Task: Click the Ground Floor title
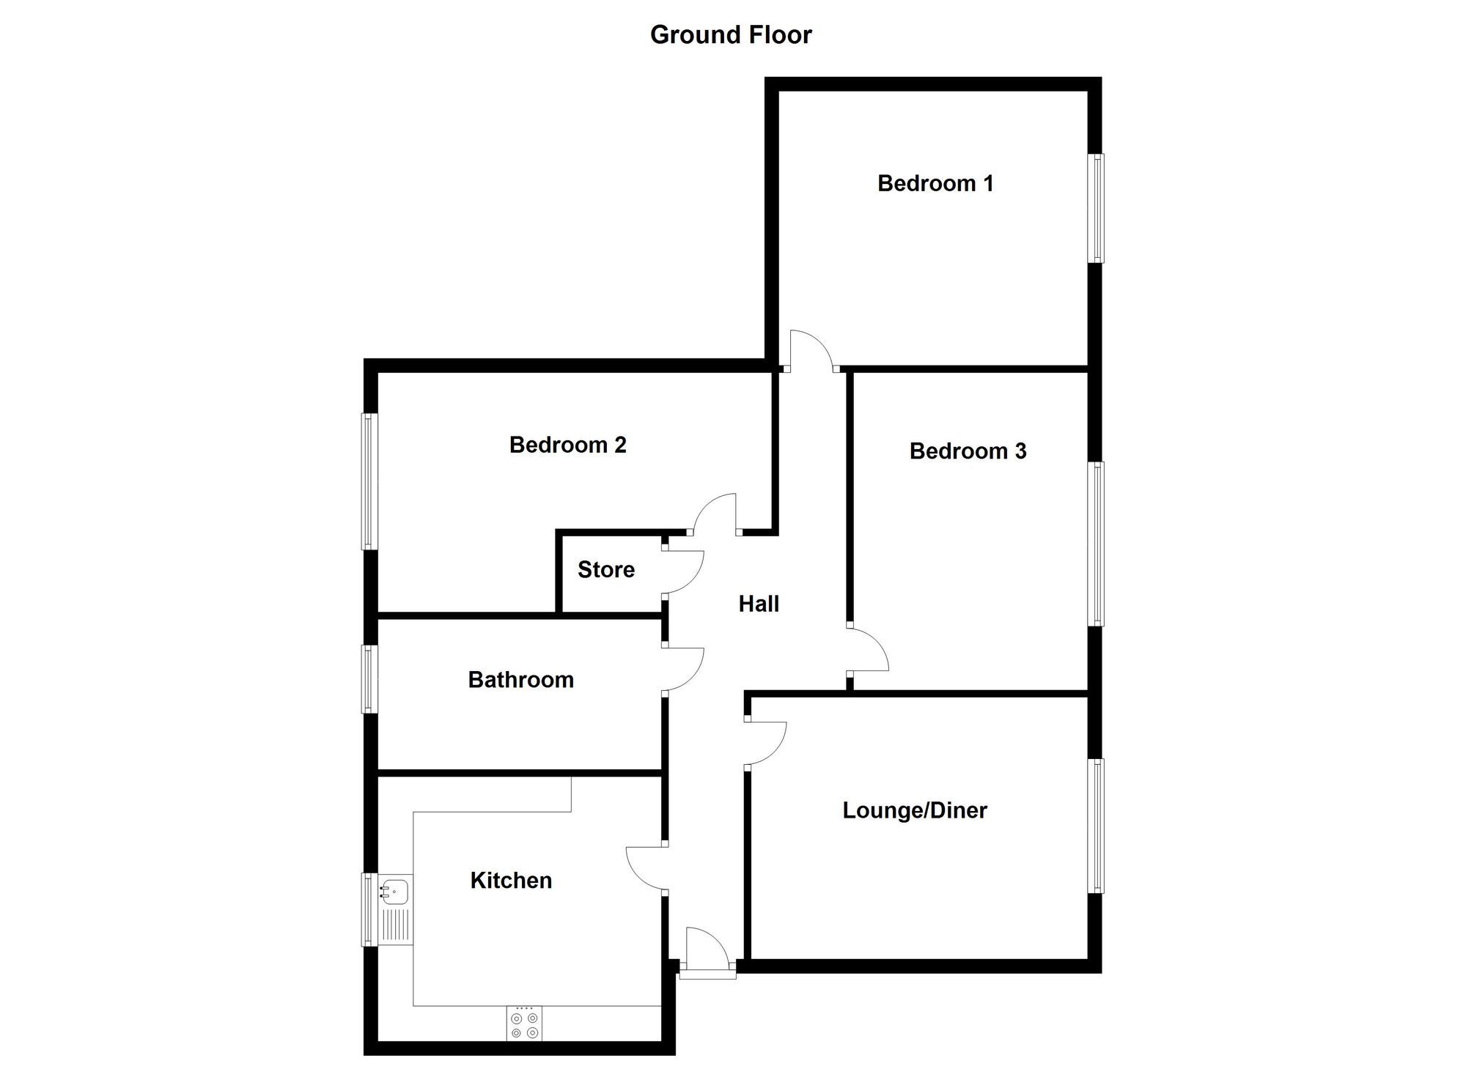[x=731, y=35]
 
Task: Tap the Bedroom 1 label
[x=935, y=183]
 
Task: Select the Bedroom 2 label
[x=568, y=445]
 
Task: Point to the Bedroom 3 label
[x=968, y=451]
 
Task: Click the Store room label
[x=606, y=569]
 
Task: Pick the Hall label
[x=759, y=604]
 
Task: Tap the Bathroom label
[x=520, y=680]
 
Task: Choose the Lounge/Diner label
[x=915, y=810]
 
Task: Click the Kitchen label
[x=511, y=881]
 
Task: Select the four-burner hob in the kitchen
[x=525, y=1024]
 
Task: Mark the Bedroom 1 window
[x=1097, y=208]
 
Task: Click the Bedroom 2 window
[x=369, y=481]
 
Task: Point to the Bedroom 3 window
[x=1097, y=544]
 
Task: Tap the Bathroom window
[x=369, y=679]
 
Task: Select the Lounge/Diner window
[x=1097, y=826]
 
